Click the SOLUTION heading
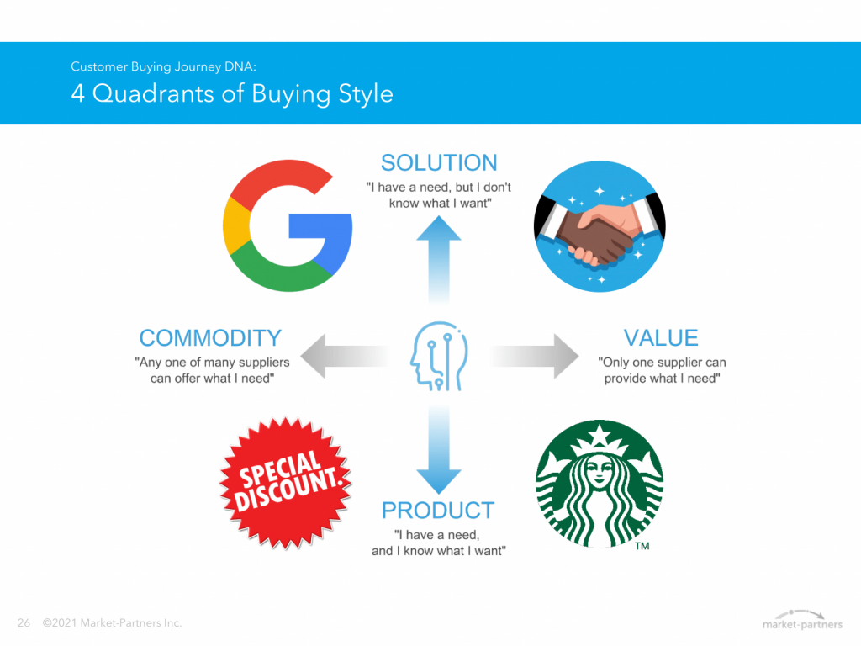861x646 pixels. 439,163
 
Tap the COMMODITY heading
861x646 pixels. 210,338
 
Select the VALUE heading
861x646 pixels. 661,338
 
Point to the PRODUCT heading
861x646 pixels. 438,511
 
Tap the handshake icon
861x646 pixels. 600,226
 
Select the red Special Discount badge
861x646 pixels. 286,484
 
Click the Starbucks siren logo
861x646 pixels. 600,484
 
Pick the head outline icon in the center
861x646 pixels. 439,356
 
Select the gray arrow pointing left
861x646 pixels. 346,356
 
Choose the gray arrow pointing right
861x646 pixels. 534,356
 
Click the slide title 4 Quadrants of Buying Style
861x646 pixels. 232,93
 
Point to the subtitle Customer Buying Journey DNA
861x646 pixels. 164,66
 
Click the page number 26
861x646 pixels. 24,623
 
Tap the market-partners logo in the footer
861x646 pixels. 802,620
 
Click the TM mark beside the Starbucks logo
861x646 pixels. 642,546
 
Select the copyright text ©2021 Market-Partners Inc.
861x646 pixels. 112,623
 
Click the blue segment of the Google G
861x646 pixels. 324,236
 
